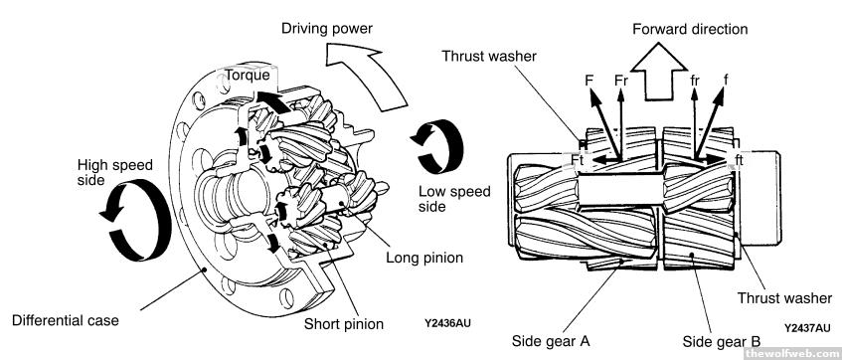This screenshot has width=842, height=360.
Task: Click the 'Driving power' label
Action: (x=327, y=29)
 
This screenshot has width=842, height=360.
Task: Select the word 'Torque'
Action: (x=248, y=76)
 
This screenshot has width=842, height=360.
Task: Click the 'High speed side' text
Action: (x=115, y=172)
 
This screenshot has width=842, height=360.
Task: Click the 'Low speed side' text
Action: (x=454, y=199)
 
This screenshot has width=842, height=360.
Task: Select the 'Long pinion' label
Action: (x=424, y=258)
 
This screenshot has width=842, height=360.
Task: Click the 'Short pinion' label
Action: (x=344, y=324)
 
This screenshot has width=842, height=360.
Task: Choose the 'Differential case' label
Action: (x=65, y=321)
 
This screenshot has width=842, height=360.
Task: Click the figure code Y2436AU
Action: (x=447, y=323)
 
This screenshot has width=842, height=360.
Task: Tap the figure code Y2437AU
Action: (x=806, y=328)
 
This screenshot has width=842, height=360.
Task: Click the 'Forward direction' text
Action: (x=690, y=29)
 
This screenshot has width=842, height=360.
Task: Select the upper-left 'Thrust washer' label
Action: (x=489, y=56)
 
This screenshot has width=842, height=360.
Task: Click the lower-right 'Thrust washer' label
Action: (x=784, y=297)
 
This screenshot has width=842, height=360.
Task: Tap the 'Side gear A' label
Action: (x=551, y=341)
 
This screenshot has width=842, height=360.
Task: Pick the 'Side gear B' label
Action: (x=721, y=341)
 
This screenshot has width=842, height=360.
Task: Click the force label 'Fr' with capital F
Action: (x=621, y=81)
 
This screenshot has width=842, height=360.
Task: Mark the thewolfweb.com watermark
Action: (x=792, y=353)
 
